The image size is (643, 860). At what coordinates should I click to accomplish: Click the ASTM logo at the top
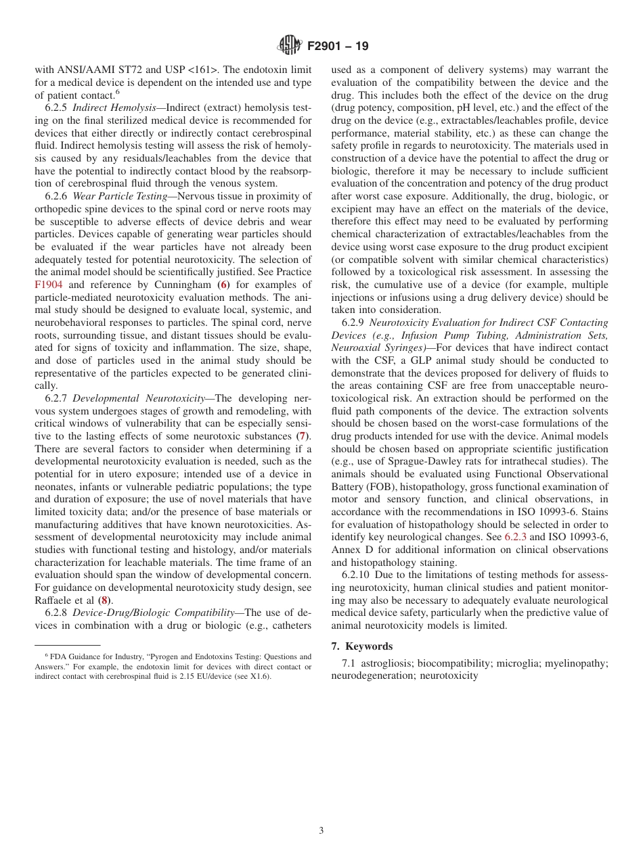coord(289,46)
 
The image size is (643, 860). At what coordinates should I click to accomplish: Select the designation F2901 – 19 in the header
coord(338,47)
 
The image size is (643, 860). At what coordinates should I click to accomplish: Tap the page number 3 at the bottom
coord(321,830)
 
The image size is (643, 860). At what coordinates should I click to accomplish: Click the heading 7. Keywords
coord(362,646)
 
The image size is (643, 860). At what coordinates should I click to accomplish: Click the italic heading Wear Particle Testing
coord(120,196)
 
